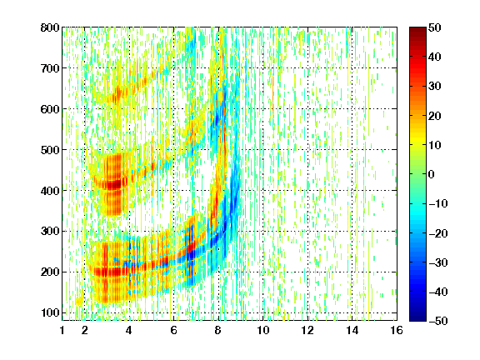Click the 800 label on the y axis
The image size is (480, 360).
click(x=50, y=27)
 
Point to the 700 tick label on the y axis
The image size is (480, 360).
click(x=50, y=68)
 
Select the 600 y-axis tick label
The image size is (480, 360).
click(x=50, y=109)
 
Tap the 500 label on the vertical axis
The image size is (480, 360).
click(x=50, y=150)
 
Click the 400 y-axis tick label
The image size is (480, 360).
click(x=50, y=191)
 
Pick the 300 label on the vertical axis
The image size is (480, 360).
click(x=50, y=231)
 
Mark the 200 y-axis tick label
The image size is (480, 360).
click(x=50, y=272)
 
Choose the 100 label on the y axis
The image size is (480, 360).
click(x=50, y=312)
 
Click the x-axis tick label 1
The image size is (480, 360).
click(x=62, y=330)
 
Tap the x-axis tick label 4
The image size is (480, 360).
click(x=129, y=330)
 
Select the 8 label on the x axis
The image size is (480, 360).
click(x=218, y=330)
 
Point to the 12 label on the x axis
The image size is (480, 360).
click(x=307, y=330)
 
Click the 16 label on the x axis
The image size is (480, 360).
click(x=397, y=330)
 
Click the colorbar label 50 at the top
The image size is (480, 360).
click(x=435, y=27)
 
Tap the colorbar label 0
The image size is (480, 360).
click(x=432, y=174)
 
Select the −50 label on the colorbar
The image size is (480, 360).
click(x=438, y=321)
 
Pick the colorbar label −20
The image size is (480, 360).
click(x=438, y=233)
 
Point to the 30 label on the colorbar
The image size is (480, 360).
click(x=435, y=87)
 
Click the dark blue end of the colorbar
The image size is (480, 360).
click(x=417, y=318)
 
